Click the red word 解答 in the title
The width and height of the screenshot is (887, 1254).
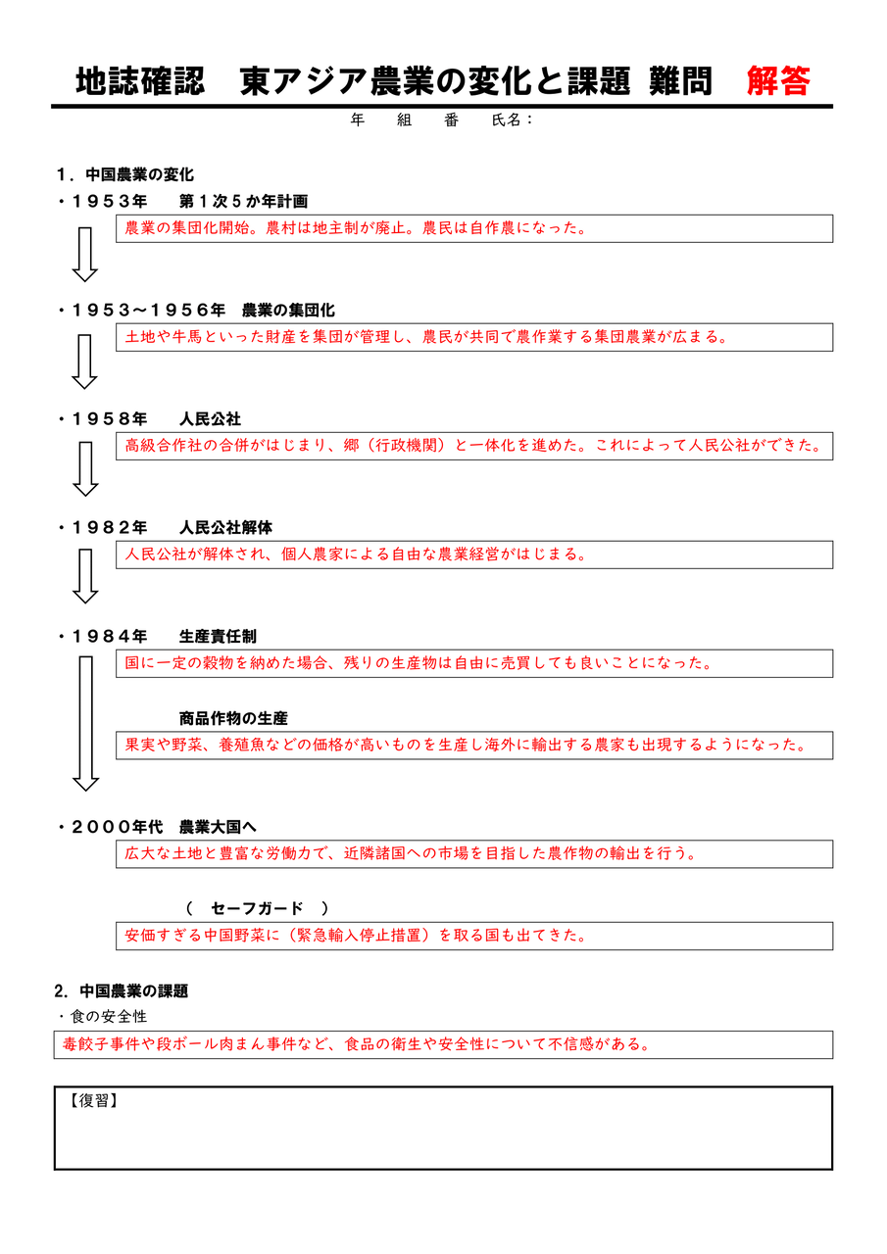(778, 81)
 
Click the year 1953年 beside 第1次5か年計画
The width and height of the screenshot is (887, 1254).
(109, 202)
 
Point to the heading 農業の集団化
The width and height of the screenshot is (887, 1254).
(288, 311)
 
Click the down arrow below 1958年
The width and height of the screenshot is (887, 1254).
(86, 468)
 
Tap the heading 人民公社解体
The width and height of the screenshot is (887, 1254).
(225, 528)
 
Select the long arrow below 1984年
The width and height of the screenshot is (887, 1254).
(86, 723)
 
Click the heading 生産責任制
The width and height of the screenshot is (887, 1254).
(218, 637)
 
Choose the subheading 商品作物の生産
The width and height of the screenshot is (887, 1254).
(233, 718)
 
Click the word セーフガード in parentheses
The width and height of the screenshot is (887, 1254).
(257, 908)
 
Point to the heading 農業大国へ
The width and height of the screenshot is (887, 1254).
(218, 827)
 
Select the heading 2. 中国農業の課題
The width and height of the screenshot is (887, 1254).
(122, 990)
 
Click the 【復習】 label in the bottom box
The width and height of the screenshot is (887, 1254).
(94, 1100)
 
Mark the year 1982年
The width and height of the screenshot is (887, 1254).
(109, 528)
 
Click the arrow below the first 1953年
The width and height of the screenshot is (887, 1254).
(86, 253)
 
